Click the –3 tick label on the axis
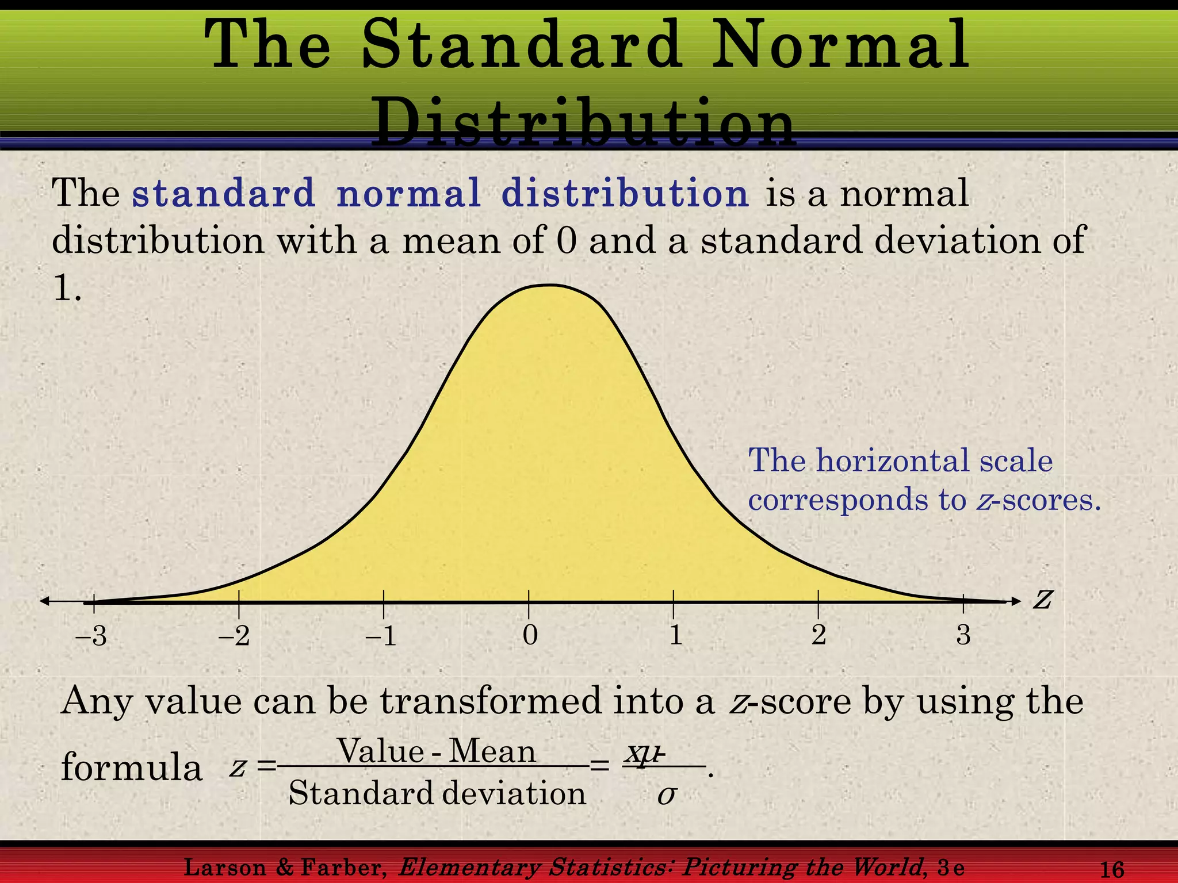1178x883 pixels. tap(91, 636)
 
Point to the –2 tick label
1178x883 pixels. tap(235, 636)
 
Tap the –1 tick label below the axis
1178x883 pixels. tap(381, 636)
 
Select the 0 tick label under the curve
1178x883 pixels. tap(530, 635)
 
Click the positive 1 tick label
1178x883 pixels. tap(676, 635)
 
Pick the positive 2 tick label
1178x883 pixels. tap(819, 635)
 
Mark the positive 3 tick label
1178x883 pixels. tap(963, 635)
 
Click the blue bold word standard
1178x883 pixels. tap(223, 193)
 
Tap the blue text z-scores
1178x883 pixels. tap(1038, 499)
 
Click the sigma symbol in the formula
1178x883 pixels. tap(666, 796)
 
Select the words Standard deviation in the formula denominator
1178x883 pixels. tap(437, 793)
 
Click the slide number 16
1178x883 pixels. tap(1111, 869)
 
